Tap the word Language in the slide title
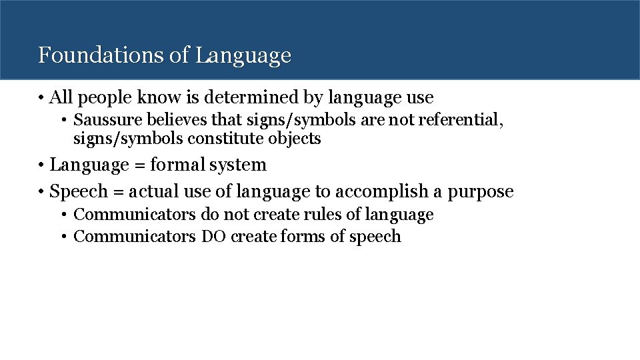pyautogui.click(x=244, y=56)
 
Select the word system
pyautogui.click(x=237, y=165)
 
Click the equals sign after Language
pyautogui.click(x=139, y=165)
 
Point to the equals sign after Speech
pyautogui.click(x=117, y=192)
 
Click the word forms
pyautogui.click(x=304, y=237)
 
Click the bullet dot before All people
pyautogui.click(x=41, y=99)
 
